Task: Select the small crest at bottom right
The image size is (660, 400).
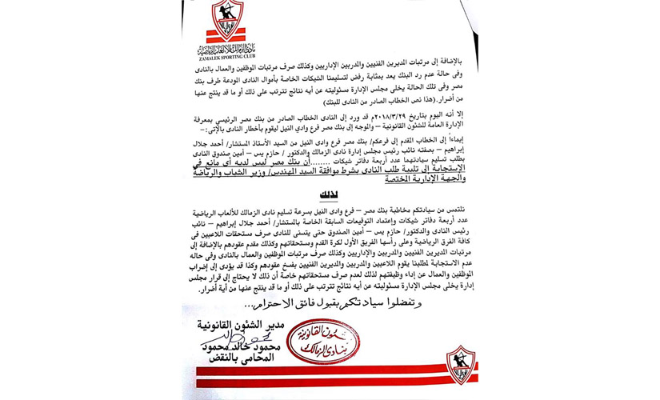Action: [x=462, y=363]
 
